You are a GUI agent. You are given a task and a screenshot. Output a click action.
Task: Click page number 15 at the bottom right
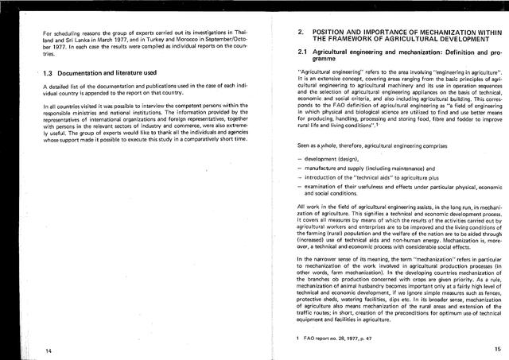tap(497, 348)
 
